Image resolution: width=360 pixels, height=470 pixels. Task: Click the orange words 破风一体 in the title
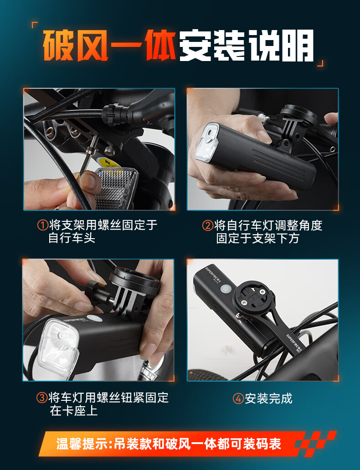coord(109,46)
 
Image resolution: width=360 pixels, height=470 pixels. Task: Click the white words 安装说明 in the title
coord(246,46)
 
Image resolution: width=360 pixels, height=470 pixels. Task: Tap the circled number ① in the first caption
coord(42,225)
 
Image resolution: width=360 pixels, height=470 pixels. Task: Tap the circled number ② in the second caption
coord(208,225)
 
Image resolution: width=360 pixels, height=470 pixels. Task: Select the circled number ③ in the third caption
coord(42,398)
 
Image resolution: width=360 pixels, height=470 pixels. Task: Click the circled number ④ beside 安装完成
coord(238,398)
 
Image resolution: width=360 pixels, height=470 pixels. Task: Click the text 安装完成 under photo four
coord(268,398)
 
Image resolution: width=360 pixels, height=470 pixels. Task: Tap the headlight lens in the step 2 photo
coord(207,143)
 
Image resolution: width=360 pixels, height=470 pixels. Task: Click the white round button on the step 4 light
coord(225,289)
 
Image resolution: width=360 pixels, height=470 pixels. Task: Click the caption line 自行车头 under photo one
coord(72,238)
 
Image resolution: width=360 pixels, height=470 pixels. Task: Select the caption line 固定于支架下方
coord(258,238)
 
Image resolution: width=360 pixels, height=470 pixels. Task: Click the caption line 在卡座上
coord(74,411)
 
